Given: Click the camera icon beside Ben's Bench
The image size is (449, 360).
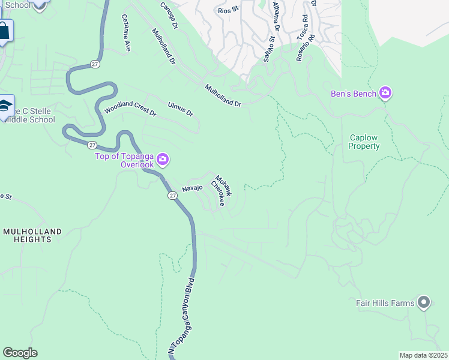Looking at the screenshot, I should pyautogui.click(x=385, y=94).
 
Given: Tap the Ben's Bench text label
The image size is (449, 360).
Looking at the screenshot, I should pyautogui.click(x=354, y=94).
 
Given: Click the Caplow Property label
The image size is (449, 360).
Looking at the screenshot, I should pyautogui.click(x=365, y=142).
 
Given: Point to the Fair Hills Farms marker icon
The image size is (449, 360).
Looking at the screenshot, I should pyautogui.click(x=424, y=303).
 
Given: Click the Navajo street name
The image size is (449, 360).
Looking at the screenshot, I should pyautogui.click(x=193, y=188).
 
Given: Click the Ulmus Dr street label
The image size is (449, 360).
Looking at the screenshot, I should pyautogui.click(x=181, y=109).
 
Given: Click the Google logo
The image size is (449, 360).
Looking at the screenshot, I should pyautogui.click(x=20, y=353).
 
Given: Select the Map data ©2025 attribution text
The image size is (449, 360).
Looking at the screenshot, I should pyautogui.click(x=423, y=355).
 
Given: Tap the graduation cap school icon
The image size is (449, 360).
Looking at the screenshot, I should pyautogui.click(x=5, y=106).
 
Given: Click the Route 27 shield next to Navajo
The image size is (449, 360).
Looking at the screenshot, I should pyautogui.click(x=172, y=195).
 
